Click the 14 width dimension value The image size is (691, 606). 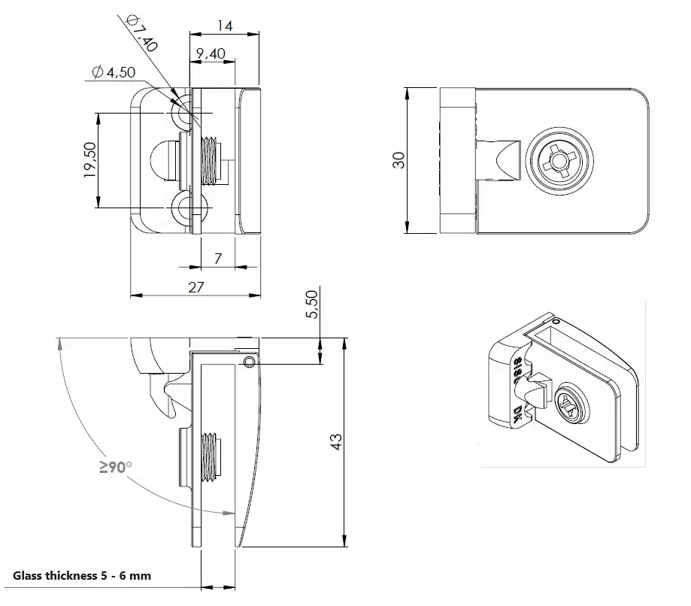(x=225, y=26)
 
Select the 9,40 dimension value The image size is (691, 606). (x=211, y=54)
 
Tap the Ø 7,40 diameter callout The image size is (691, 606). (x=141, y=33)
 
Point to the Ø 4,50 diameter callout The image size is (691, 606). (x=114, y=72)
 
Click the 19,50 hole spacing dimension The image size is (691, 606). (x=89, y=160)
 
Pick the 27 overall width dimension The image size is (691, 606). (x=196, y=287)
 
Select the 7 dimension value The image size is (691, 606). (x=218, y=259)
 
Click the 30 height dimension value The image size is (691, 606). (x=399, y=160)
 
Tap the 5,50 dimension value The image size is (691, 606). (x=311, y=304)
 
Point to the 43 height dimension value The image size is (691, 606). (x=336, y=441)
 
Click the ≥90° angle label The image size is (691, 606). (x=116, y=467)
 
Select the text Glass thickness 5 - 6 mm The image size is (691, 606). (x=82, y=576)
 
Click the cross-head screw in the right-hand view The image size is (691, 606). (x=559, y=160)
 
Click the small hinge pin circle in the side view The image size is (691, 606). (x=249, y=362)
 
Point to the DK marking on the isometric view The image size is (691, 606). (x=519, y=414)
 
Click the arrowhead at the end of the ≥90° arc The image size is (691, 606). (x=229, y=513)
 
